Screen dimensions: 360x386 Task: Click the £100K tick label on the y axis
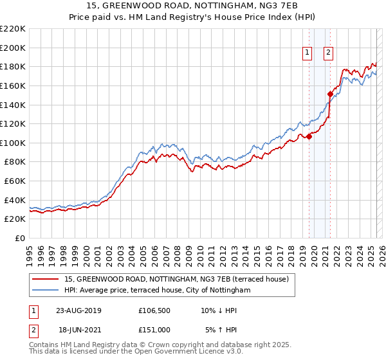click(13, 143)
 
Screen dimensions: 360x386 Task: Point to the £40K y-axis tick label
click(15, 200)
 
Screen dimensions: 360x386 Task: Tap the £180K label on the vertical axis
click(13, 66)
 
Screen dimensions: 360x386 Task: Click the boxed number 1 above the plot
click(307, 53)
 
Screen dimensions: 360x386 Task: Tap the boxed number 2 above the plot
click(328, 53)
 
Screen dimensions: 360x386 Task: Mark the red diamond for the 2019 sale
click(309, 136)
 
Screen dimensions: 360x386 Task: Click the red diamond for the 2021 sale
click(330, 94)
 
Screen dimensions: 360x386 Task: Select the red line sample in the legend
click(45, 279)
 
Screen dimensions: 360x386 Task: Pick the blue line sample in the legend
click(45, 291)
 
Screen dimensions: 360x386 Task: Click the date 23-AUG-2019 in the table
click(78, 310)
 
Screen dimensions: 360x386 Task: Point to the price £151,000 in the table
click(154, 329)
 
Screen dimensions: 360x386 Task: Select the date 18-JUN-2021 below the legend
click(78, 329)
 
